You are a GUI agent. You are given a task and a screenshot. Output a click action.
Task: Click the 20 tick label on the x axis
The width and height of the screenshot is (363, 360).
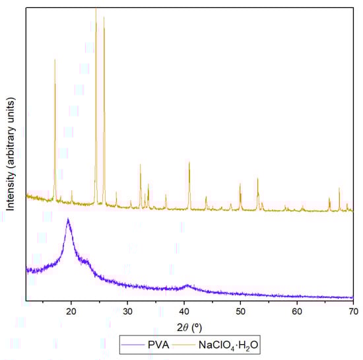(72, 311)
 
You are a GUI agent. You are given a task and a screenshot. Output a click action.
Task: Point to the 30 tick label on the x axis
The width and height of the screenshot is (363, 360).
(128, 311)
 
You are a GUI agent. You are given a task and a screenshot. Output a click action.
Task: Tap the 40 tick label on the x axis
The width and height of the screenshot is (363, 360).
(184, 311)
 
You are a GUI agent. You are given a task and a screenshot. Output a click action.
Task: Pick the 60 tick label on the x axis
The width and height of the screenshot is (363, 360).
(297, 311)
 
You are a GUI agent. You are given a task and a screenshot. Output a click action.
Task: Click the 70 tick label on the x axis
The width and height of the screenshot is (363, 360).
(353, 311)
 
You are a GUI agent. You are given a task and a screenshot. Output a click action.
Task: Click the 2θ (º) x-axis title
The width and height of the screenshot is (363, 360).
(190, 327)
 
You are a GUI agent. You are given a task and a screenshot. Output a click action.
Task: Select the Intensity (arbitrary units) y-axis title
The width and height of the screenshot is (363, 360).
(11, 153)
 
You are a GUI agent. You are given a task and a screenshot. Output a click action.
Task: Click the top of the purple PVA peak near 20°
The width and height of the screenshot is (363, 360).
(68, 219)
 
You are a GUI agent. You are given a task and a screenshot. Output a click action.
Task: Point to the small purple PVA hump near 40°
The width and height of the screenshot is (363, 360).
(187, 285)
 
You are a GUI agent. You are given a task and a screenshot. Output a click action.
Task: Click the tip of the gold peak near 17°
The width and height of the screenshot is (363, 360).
(55, 59)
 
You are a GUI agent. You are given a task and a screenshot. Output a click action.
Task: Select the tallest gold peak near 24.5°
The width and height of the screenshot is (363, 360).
(96, 9)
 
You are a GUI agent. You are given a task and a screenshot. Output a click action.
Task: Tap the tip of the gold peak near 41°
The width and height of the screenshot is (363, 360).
(189, 162)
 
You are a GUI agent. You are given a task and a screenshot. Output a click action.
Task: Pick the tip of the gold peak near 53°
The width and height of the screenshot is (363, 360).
(257, 178)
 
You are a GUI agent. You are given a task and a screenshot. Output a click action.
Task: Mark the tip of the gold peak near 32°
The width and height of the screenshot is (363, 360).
(140, 164)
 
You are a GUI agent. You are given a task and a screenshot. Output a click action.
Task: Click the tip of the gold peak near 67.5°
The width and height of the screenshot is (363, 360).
(339, 188)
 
